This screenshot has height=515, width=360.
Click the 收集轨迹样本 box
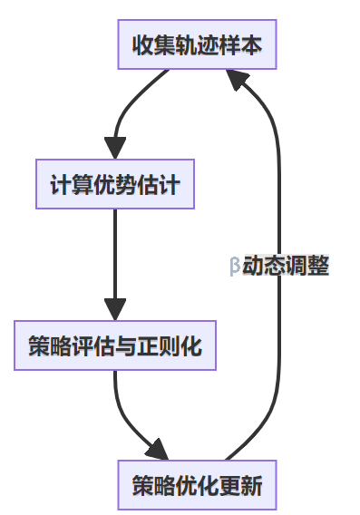(196, 44)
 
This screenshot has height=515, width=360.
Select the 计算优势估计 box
(115, 185)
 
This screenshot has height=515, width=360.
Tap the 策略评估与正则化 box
(115, 345)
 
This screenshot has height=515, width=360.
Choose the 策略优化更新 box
(196, 485)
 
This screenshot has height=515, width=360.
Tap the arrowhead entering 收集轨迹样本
(241, 83)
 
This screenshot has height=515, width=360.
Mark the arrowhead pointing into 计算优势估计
(115, 147)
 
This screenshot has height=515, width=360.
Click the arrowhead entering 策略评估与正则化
(115, 308)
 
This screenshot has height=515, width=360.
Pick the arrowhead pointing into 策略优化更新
(158, 450)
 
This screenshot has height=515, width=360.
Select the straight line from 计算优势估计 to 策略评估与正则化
(115, 254)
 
